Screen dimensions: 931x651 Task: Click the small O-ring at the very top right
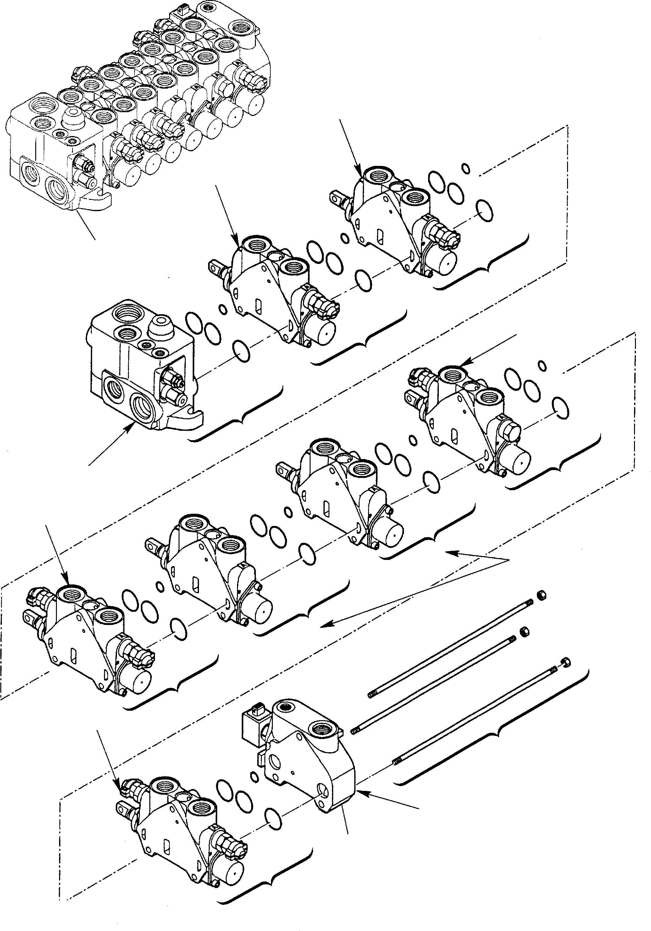point(466,167)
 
